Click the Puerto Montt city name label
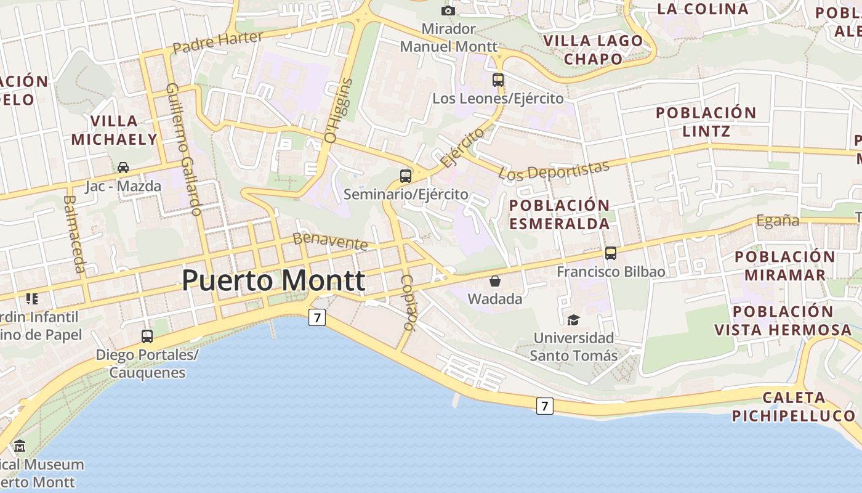tap(273, 280)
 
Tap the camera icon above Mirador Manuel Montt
tap(448, 10)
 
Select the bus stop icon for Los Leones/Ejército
tap(497, 80)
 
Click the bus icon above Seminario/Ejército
tap(405, 176)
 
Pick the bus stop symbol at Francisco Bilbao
tap(610, 253)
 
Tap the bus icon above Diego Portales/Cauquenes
tap(147, 336)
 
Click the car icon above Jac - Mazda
tap(123, 168)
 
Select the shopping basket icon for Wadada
tap(494, 282)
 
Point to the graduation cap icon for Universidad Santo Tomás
tap(573, 320)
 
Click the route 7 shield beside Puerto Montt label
tap(316, 317)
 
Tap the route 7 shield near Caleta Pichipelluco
tap(544, 406)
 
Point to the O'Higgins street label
tap(340, 111)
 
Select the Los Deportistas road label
tap(554, 171)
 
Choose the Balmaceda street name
tap(73, 234)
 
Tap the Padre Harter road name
tap(217, 42)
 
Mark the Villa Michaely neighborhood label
tap(115, 130)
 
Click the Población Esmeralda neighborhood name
tap(559, 214)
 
